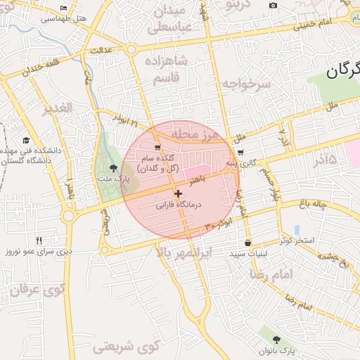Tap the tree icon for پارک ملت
pos(113,167)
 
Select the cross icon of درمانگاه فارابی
pos(178,193)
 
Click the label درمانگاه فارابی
pos(178,205)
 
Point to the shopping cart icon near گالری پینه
pos(241,152)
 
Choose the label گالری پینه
pos(240,163)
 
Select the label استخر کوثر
pos(295,240)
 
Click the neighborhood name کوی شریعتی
pos(127,345)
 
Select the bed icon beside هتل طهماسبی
pos(64,8)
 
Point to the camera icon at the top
pos(273,6)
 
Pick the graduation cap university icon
pos(26,140)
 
